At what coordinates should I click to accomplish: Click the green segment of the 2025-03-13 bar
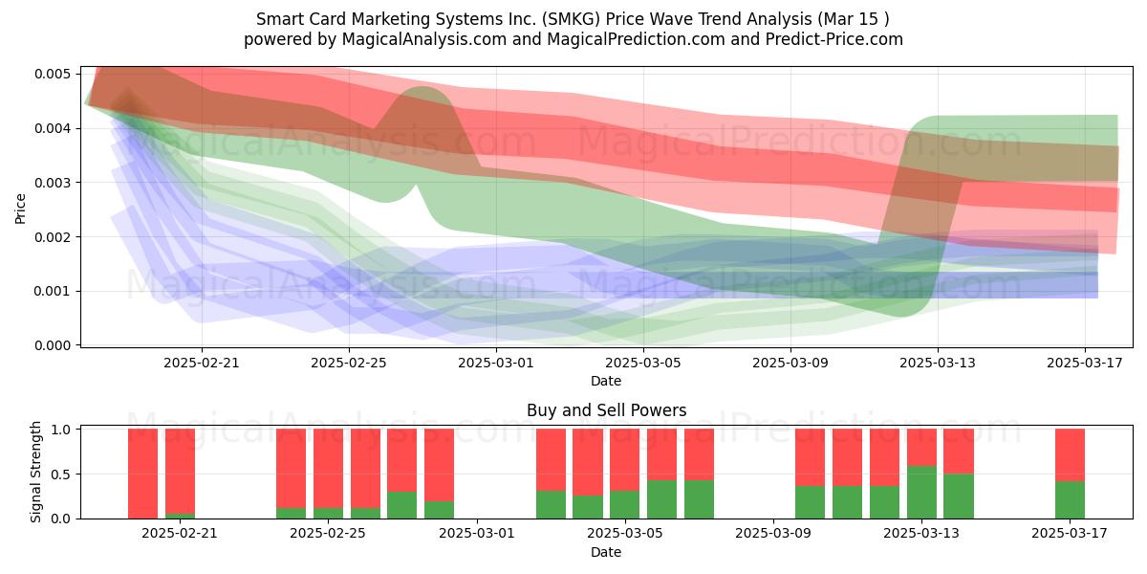pos(921,492)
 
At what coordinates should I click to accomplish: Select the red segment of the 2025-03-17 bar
pos(1070,455)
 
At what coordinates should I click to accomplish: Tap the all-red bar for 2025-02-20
pos(142,474)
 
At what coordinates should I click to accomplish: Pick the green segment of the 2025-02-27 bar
pos(402,505)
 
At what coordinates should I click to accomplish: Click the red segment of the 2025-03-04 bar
pos(587,462)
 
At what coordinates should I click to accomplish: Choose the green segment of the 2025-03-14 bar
pos(959,497)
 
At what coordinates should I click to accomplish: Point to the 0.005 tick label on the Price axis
pos(53,74)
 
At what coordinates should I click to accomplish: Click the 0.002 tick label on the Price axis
pos(53,237)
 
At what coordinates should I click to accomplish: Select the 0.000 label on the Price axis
pos(53,345)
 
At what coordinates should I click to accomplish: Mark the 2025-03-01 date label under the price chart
pos(496,363)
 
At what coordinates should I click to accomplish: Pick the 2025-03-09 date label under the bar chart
pos(773,533)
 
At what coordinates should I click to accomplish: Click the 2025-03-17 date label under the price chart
pos(1085,363)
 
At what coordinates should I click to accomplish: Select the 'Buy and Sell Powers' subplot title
pos(606,410)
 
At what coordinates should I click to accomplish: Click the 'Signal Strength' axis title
pos(35,472)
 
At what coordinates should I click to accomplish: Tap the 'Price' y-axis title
pos(20,210)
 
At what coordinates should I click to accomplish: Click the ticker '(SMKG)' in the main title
pos(571,19)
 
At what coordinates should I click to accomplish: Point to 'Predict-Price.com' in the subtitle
pos(834,39)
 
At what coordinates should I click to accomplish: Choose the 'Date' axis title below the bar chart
pos(606,552)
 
